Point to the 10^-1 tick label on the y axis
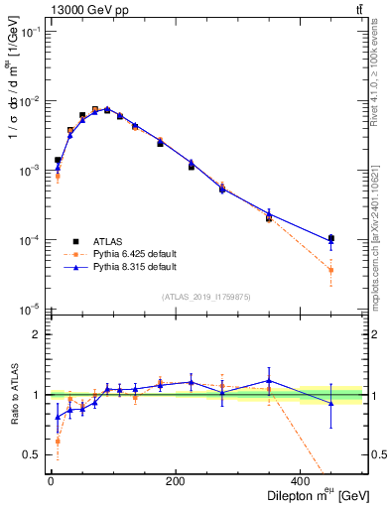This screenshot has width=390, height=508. (x=30, y=32)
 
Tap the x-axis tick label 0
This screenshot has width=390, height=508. (x=51, y=481)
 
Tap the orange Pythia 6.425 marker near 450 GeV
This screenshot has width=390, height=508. (x=331, y=270)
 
